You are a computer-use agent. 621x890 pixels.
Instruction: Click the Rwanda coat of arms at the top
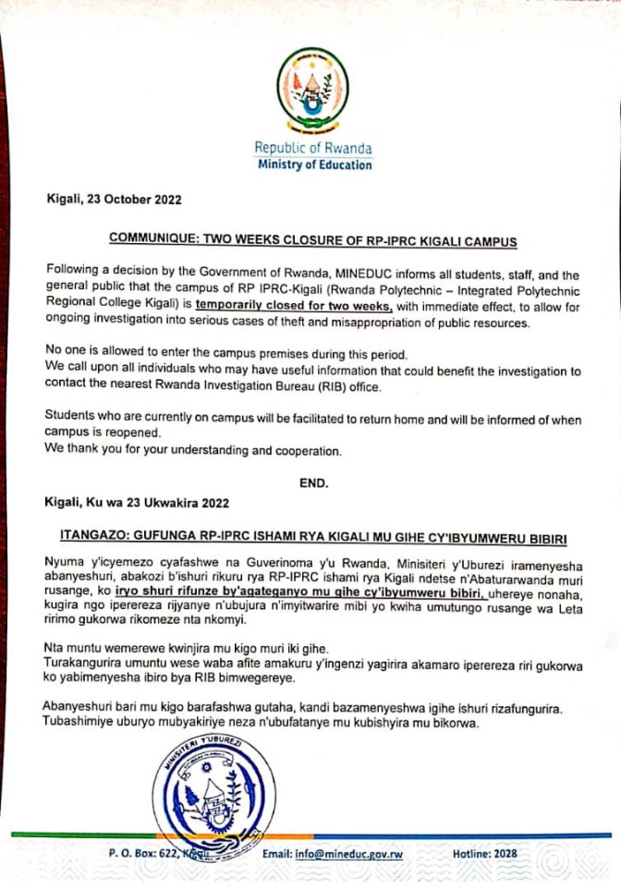312,91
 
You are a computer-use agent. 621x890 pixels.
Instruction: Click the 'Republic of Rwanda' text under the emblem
313,148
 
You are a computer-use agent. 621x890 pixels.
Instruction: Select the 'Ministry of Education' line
313,165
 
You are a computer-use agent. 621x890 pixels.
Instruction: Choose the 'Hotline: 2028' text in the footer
485,854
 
